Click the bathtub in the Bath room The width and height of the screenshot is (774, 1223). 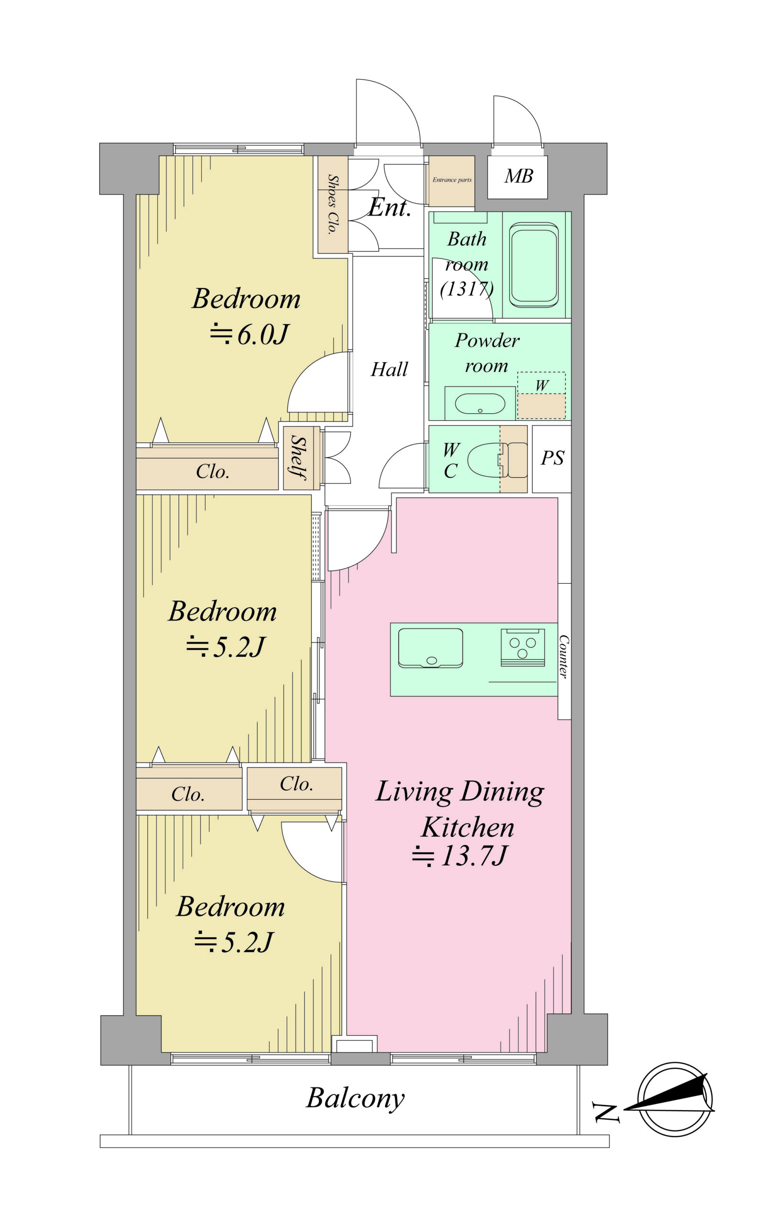click(533, 265)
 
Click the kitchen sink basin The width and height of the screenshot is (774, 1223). click(430, 647)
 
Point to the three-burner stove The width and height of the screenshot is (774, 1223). click(523, 647)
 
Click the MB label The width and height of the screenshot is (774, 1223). click(518, 176)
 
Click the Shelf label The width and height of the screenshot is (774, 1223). click(298, 458)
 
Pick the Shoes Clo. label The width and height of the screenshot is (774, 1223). click(332, 204)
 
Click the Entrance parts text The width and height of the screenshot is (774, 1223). click(452, 180)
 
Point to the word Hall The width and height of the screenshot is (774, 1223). click(389, 369)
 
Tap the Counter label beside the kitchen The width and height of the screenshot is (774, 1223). click(564, 656)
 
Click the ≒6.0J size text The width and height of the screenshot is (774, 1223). click(249, 334)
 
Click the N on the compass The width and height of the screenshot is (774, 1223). click(606, 1113)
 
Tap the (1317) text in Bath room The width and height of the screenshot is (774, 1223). click(467, 289)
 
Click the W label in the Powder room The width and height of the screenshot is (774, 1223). click(542, 386)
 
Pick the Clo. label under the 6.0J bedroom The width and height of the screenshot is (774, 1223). click(212, 472)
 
